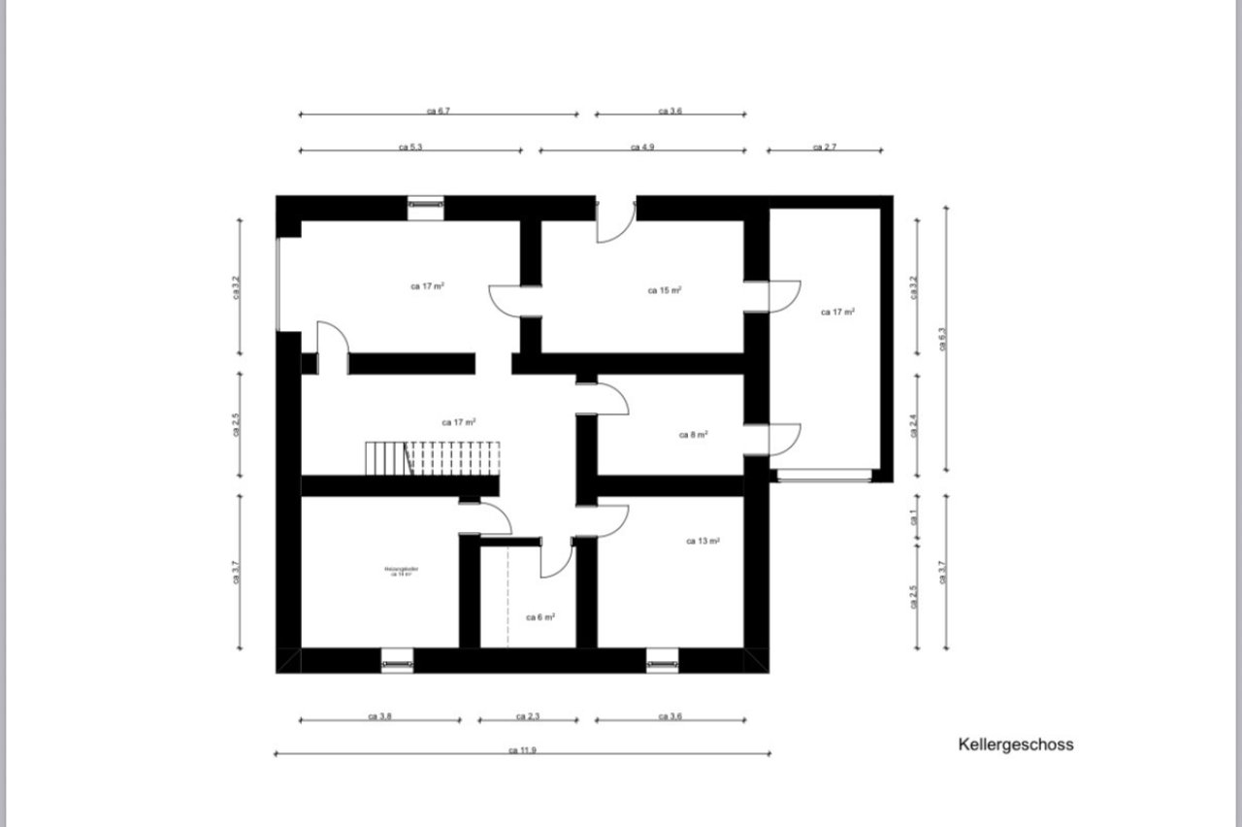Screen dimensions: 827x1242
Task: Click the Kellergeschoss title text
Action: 1015,745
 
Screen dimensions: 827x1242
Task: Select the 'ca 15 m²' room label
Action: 664,290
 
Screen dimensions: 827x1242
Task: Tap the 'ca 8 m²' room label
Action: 693,435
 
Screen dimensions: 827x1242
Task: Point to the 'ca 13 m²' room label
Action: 703,542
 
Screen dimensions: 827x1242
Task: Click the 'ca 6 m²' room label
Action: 540,617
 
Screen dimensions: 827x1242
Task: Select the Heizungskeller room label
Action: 401,571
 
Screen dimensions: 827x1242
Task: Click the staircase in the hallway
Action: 432,457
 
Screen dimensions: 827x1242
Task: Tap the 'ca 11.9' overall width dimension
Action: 522,750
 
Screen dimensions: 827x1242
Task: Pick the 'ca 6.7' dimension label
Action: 439,112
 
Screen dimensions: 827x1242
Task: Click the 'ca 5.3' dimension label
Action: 409,148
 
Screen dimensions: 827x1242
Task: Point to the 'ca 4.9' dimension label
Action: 641,148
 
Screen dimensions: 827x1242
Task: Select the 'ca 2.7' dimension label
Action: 824,148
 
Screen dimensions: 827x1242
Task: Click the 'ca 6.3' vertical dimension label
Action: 941,338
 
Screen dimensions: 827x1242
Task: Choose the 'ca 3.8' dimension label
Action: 379,717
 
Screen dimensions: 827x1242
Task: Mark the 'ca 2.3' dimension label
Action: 527,717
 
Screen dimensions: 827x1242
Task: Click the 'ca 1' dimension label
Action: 914,519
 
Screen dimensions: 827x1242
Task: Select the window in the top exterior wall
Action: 425,204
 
